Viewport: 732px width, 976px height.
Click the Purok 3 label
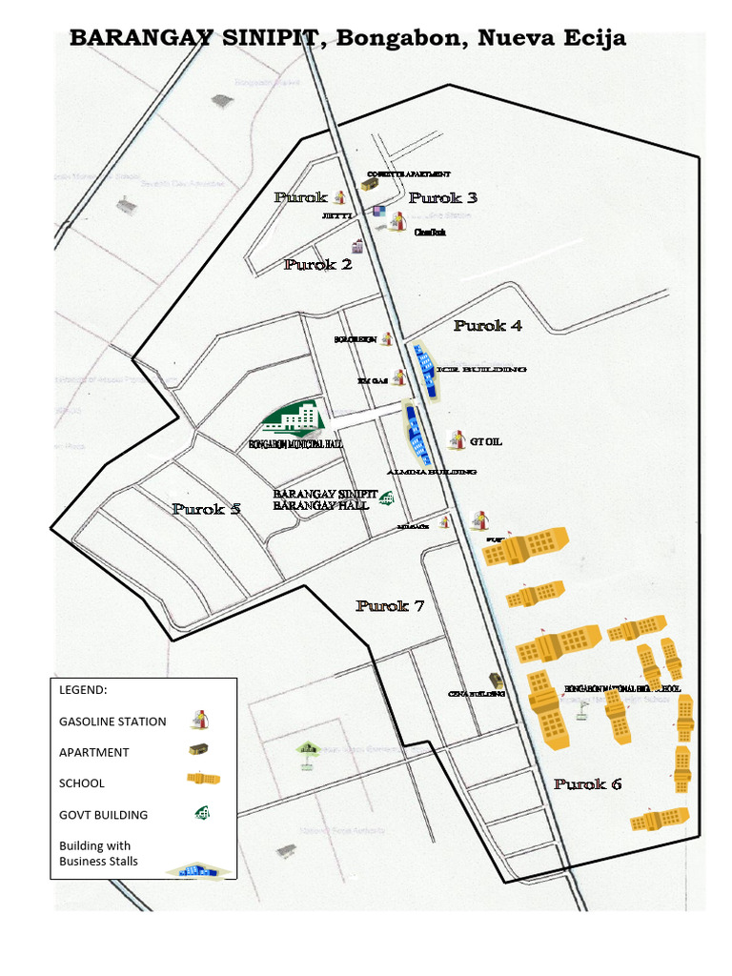pos(442,198)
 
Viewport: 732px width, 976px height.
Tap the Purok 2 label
pos(317,264)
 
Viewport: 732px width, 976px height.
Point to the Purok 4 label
pos(487,325)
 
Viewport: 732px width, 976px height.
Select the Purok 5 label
pos(206,509)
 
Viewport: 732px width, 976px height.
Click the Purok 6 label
pos(587,784)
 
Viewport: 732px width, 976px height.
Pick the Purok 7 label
pos(389,606)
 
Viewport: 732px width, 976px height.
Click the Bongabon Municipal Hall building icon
pos(295,417)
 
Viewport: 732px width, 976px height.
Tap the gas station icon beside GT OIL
pos(457,440)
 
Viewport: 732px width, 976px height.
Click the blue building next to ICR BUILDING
pos(424,371)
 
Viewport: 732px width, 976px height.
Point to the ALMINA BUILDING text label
pos(431,472)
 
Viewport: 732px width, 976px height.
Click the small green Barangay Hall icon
pos(387,498)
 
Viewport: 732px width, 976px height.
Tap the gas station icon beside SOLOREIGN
pos(387,339)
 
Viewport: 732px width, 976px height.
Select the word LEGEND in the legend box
pos(83,689)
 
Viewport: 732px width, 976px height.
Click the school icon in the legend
pos(203,779)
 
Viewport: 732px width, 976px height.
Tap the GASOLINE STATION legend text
pos(112,722)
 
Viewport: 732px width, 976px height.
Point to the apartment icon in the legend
pos(198,749)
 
